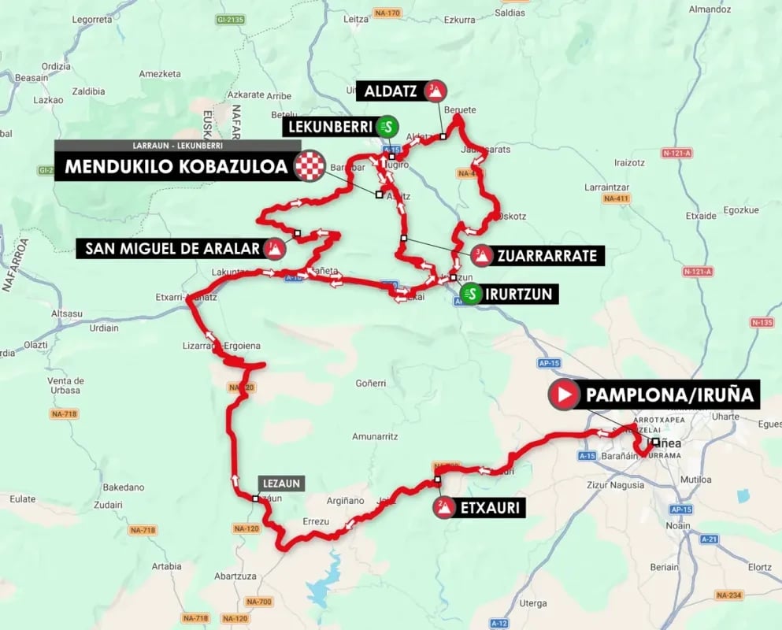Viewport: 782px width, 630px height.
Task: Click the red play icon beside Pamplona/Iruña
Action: [564, 395]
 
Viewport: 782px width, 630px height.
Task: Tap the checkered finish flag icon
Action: [309, 166]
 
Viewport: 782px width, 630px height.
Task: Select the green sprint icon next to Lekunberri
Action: [387, 126]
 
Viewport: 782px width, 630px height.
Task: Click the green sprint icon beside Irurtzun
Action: [470, 295]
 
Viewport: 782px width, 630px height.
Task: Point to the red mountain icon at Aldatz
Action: [434, 91]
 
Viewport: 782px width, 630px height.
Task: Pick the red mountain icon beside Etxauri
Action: [443, 508]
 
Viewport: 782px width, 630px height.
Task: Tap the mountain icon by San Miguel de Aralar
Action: [274, 250]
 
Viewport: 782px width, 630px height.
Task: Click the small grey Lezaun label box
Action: [280, 483]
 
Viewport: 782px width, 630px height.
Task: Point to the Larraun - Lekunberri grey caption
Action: [178, 146]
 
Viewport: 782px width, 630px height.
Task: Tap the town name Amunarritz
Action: [373, 436]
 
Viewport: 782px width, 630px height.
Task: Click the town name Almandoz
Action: [710, 9]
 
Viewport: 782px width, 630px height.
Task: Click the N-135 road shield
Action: [762, 322]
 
